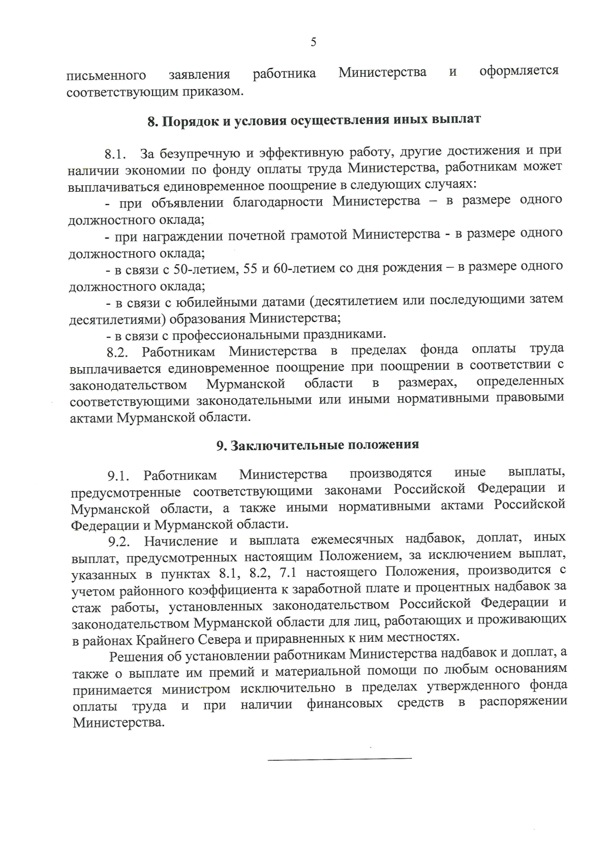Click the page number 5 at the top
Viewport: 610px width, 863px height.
click(x=313, y=42)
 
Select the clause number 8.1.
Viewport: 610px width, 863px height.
click(x=115, y=154)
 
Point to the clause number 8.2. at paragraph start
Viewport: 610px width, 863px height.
click(x=117, y=352)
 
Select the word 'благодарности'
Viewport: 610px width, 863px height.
click(x=278, y=202)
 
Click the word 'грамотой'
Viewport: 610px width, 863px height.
click(x=319, y=234)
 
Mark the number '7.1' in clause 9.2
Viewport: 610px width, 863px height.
click(x=287, y=573)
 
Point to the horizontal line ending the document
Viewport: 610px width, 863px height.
click(x=340, y=759)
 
